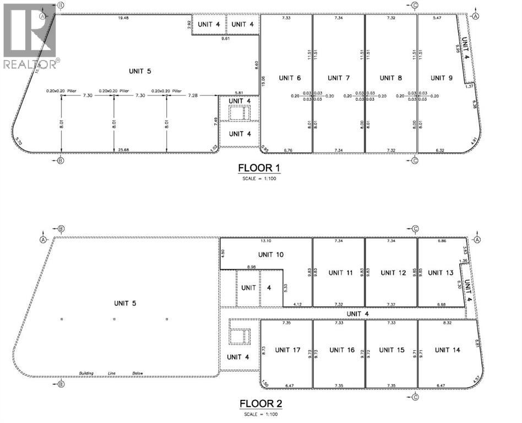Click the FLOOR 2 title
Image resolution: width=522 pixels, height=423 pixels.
(261, 404)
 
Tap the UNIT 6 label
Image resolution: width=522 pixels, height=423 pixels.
(290, 78)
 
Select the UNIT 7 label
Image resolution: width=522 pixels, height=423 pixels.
(338, 78)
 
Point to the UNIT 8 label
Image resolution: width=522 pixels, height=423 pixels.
(391, 78)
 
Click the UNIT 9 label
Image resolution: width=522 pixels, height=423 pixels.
(441, 78)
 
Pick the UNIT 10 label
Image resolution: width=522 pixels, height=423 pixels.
(270, 255)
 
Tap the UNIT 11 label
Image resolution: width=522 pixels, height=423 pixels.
(340, 273)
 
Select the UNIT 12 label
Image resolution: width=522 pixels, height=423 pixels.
(392, 273)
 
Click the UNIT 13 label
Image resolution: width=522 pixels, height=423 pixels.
(441, 273)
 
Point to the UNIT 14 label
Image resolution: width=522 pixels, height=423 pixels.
(446, 350)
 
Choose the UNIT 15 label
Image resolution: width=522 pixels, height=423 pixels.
(392, 350)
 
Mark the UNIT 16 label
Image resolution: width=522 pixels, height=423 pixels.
(341, 350)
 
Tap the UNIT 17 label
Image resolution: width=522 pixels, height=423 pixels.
(287, 350)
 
